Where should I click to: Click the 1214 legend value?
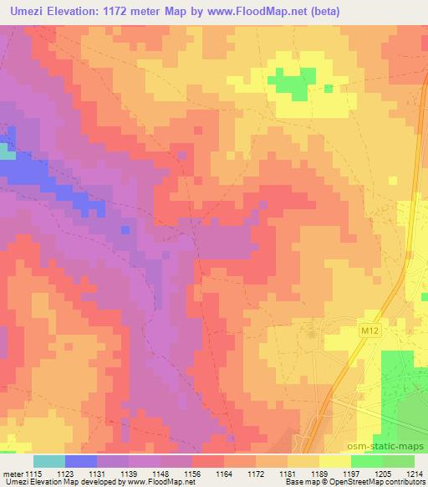[415, 473]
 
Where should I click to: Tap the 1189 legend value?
[319, 473]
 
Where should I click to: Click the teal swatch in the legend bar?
[49, 461]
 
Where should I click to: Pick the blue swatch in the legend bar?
[81, 461]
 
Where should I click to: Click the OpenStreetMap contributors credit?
[381, 483]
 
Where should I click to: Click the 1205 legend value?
[383, 473]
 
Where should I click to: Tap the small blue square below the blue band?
[125, 228]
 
